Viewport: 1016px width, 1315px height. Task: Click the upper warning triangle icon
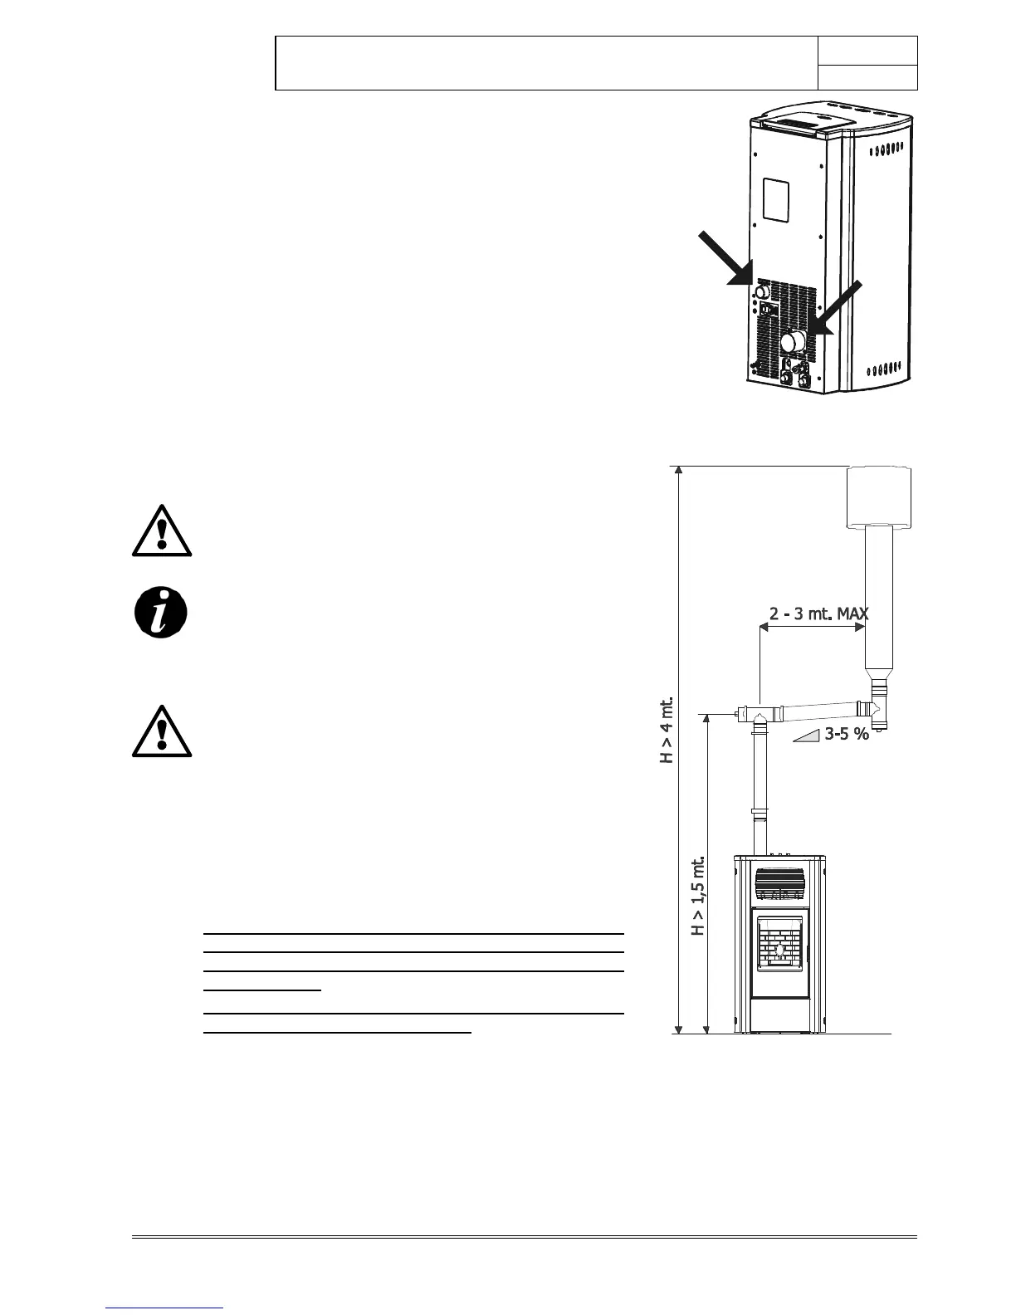point(162,531)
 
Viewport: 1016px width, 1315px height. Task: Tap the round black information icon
point(161,614)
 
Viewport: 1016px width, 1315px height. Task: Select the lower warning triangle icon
point(162,732)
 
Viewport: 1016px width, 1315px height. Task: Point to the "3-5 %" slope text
point(846,733)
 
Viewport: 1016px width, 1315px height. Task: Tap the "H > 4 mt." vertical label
point(667,729)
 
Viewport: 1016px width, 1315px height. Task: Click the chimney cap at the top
point(878,496)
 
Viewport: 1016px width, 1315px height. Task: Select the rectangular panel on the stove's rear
point(779,200)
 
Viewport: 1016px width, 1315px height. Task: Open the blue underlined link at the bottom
point(165,1308)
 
